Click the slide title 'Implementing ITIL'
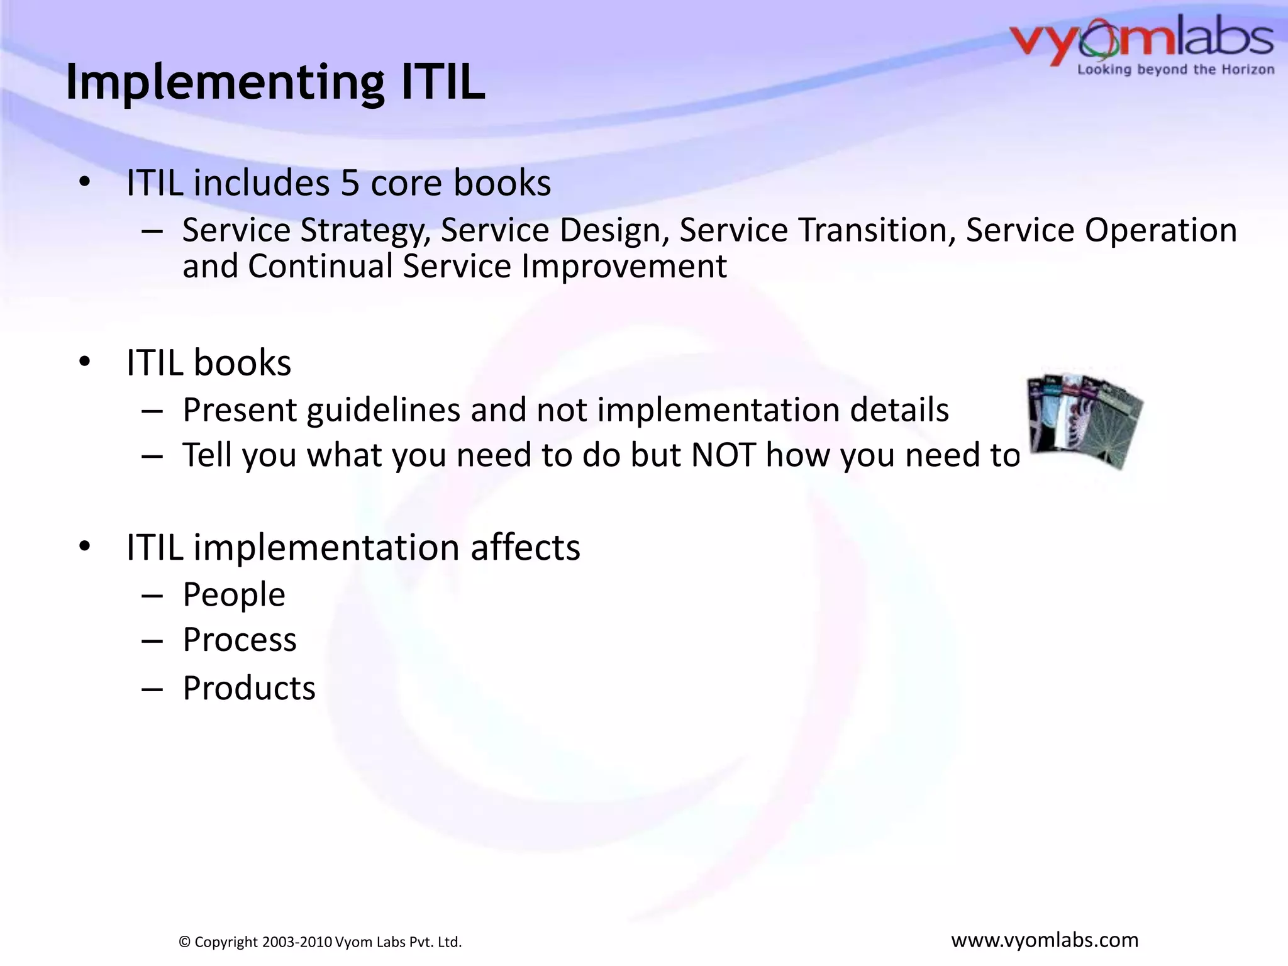coord(275,82)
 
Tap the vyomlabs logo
coord(1141,39)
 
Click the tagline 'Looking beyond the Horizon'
coord(1175,70)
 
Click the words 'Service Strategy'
coord(304,230)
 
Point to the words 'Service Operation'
coord(1101,230)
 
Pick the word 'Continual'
coord(320,266)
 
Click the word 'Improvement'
coord(624,266)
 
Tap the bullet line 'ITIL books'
coord(209,363)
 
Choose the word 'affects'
coord(525,547)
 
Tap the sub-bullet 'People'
coord(234,595)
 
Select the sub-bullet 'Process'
coord(239,640)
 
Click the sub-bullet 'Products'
coord(249,688)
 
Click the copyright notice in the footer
coord(320,941)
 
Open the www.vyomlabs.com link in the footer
coord(1045,940)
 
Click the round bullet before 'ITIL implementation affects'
coord(86,546)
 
